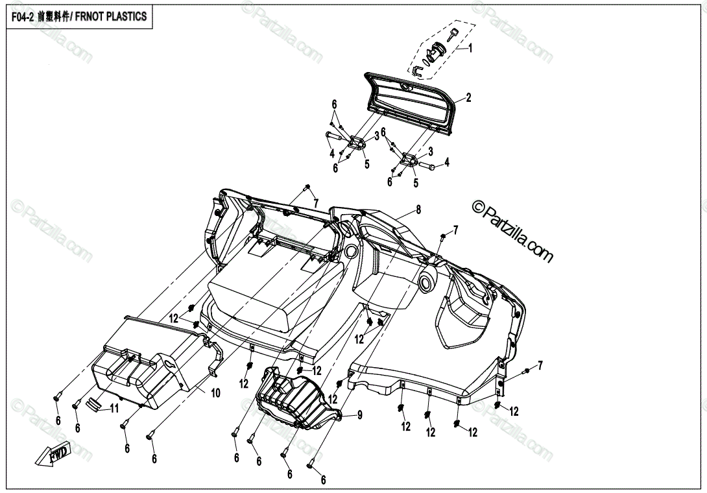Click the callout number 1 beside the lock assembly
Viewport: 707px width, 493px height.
point(471,48)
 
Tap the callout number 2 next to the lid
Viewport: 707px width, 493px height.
point(468,98)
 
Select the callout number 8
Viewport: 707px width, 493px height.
point(418,210)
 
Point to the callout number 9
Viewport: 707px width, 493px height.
point(359,416)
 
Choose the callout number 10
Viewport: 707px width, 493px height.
point(215,392)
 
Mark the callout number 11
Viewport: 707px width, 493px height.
point(114,409)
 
